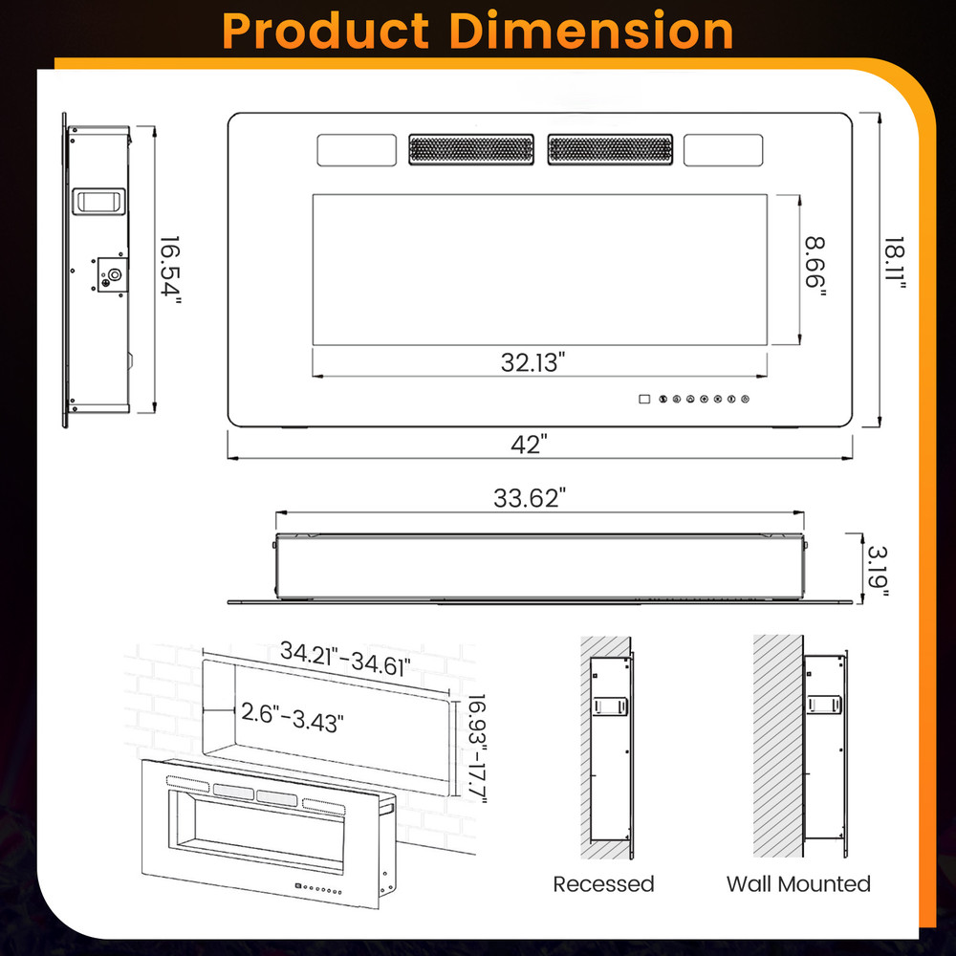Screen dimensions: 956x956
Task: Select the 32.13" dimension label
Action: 533,362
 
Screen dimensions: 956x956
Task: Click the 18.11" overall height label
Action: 895,268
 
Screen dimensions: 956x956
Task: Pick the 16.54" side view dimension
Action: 170,269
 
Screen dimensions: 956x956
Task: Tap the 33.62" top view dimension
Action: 530,498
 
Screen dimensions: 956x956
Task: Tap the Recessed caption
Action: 603,883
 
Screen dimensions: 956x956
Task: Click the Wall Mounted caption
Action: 798,883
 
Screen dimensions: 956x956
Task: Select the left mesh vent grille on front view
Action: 470,150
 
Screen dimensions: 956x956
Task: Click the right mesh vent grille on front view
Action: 610,150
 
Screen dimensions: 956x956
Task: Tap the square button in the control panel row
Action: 643,399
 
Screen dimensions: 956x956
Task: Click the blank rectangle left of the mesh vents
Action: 357,150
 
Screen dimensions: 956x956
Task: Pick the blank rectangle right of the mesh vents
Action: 723,150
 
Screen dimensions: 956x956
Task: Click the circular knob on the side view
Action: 115,274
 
